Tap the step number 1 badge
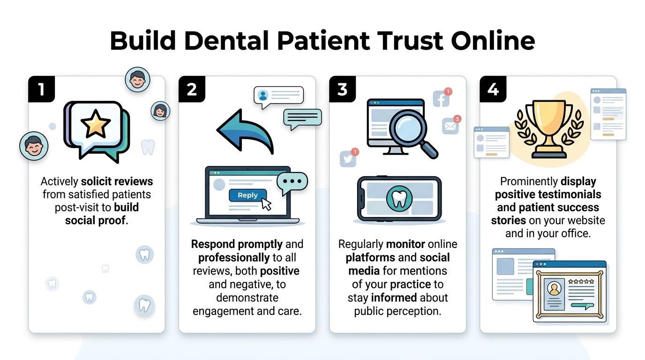pos(42,89)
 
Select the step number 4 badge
pos(493,89)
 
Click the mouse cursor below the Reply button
pos(266,204)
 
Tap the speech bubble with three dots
pos(292,182)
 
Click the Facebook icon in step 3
pos(441,99)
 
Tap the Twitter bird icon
pos(348,158)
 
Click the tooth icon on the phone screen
pos(399,199)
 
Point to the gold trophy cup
pos(549,127)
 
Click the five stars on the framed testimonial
pos(581,282)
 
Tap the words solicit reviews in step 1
pos(117,181)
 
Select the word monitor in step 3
pos(406,244)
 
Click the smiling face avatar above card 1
pos(137,79)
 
